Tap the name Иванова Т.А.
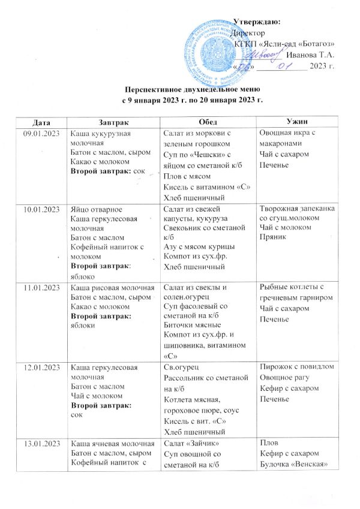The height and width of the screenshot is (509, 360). (311, 55)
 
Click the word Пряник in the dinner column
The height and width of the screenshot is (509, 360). (271, 230)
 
